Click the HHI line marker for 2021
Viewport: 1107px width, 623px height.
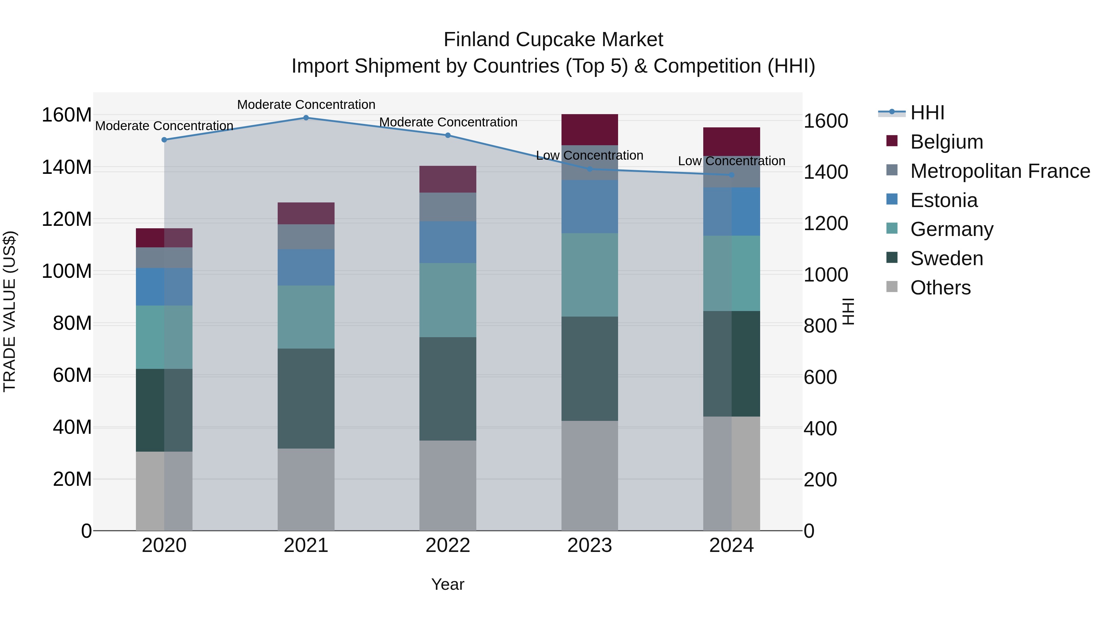[306, 118]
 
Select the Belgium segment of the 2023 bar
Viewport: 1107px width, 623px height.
[589, 130]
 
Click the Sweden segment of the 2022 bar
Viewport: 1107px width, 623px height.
[448, 389]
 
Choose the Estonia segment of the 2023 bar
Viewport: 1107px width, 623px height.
[589, 207]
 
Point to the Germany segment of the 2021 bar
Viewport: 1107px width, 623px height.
[306, 317]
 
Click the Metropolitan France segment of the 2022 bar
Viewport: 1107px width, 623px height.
[448, 207]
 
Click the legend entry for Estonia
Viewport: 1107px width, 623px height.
[944, 200]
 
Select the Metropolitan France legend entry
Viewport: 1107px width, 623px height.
[1000, 171]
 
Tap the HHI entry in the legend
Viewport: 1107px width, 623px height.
[927, 113]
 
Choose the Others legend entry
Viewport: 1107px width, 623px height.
[940, 288]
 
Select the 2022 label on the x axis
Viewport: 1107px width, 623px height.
[448, 545]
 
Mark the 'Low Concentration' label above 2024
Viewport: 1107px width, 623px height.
[732, 161]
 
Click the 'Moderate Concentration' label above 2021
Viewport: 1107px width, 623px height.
[306, 105]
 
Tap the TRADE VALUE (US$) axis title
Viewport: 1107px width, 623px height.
[10, 311]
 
